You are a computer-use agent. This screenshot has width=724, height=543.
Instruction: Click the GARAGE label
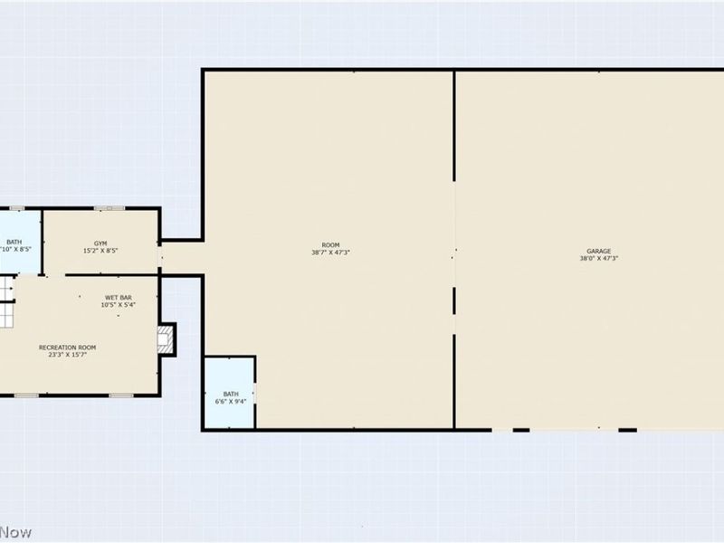(x=599, y=251)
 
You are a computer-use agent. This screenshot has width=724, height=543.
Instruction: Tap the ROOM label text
(x=330, y=245)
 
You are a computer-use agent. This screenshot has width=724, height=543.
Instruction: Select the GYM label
(x=100, y=245)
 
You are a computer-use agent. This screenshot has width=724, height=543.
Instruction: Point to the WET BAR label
(x=119, y=298)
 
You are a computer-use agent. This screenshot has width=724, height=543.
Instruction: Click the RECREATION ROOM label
(x=67, y=348)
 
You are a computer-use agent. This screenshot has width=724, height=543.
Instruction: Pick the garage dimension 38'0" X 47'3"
(x=599, y=259)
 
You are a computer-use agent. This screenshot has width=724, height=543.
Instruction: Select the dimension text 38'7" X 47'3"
(x=330, y=252)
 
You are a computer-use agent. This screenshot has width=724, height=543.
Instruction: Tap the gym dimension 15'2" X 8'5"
(x=100, y=252)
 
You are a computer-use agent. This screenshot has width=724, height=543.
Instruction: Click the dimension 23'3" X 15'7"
(x=67, y=355)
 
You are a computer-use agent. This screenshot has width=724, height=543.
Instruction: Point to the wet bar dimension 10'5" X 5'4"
(x=119, y=305)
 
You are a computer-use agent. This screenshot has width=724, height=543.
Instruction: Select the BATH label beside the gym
(x=14, y=242)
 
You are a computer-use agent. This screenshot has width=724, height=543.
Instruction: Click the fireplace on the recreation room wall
(x=165, y=339)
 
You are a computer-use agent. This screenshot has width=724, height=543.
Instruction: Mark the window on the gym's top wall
(x=109, y=209)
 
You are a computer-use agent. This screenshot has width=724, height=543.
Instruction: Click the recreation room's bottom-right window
(x=121, y=395)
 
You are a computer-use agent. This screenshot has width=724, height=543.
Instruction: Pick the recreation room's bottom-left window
(x=25, y=395)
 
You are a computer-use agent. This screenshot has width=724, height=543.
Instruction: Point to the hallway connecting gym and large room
(x=181, y=258)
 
